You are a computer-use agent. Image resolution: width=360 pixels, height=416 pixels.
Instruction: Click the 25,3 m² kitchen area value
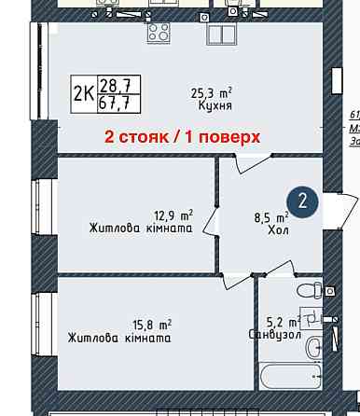point(211,92)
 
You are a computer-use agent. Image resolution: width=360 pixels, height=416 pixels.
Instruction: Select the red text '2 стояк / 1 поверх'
point(182,137)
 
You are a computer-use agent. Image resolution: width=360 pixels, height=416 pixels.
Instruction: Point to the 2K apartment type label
point(83,93)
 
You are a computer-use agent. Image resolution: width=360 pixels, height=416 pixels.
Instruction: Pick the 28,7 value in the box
point(115,85)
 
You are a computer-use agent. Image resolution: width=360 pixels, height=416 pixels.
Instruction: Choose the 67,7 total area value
point(115,103)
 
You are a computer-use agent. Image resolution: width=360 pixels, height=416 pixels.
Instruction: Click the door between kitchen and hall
point(250,164)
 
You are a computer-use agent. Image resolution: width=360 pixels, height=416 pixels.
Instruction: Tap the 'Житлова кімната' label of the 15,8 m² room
point(119,338)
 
